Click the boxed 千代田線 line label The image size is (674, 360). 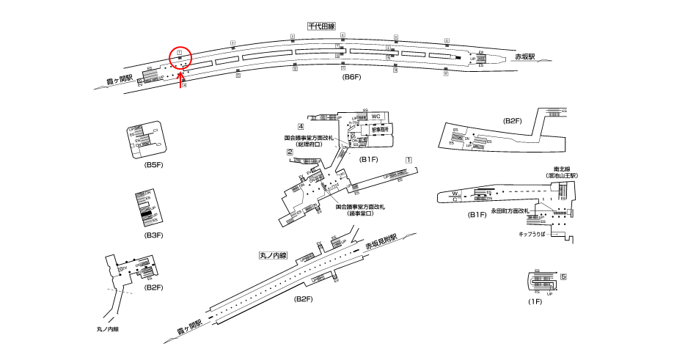click(321, 26)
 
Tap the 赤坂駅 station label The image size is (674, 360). click(524, 56)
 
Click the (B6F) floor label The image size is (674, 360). click(353, 77)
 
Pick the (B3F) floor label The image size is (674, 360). click(153, 235)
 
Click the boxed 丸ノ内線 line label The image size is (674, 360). click(272, 256)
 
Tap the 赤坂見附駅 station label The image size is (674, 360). click(381, 241)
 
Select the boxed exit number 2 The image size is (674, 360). click(290, 153)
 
